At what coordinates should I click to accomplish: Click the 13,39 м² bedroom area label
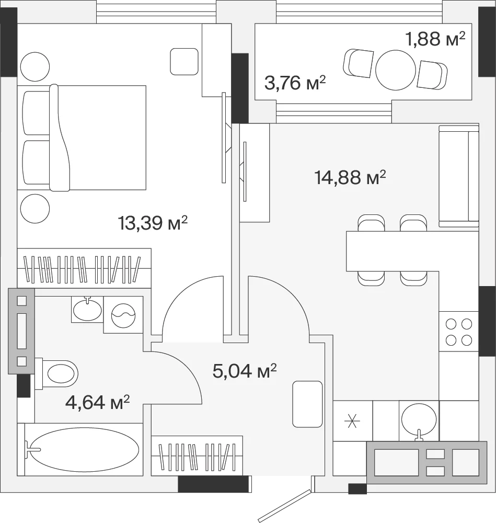pyautogui.click(x=153, y=222)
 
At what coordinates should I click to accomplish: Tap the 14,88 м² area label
pyautogui.click(x=350, y=177)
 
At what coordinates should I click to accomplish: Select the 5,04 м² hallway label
pyautogui.click(x=245, y=370)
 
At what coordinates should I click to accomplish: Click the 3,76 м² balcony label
pyautogui.click(x=295, y=83)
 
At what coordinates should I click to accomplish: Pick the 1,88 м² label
pyautogui.click(x=435, y=39)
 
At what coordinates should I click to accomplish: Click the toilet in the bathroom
pyautogui.click(x=56, y=373)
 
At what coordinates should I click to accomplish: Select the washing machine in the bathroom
pyautogui.click(x=123, y=315)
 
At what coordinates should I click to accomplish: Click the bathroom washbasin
pyautogui.click(x=87, y=309)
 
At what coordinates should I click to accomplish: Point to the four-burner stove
pyautogui.click(x=459, y=332)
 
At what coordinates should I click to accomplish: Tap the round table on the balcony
pyautogui.click(x=396, y=70)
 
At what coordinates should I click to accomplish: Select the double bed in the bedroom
pyautogui.click(x=82, y=138)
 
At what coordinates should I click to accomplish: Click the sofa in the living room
pyautogui.click(x=459, y=176)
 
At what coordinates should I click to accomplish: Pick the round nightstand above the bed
pyautogui.click(x=35, y=67)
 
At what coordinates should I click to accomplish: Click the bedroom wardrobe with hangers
pyautogui.click(x=84, y=268)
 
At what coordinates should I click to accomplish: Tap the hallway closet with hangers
pyautogui.click(x=197, y=456)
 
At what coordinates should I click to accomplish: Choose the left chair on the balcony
pyautogui.click(x=359, y=63)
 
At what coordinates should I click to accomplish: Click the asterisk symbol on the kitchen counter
pyautogui.click(x=352, y=420)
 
